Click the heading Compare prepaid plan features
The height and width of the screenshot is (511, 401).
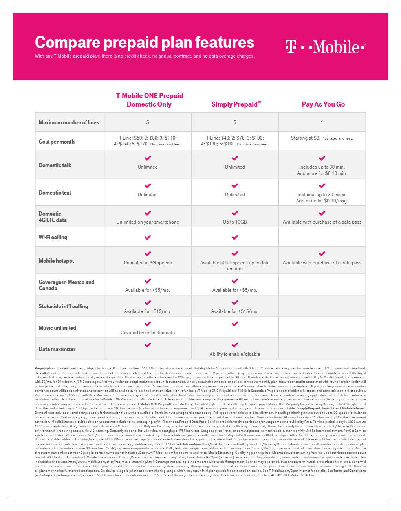[x=145, y=42]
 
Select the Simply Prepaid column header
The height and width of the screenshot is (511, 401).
[x=236, y=104]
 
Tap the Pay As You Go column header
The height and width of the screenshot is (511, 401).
[x=323, y=104]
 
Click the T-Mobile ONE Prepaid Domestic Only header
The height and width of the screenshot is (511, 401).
[x=149, y=100]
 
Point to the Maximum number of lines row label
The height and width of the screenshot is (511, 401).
[x=69, y=122]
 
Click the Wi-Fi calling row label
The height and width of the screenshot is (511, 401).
[x=53, y=237]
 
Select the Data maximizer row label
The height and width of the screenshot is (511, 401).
[x=57, y=349]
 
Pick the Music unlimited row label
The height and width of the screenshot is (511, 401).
[x=57, y=328]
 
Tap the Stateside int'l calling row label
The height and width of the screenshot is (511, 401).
[x=63, y=306]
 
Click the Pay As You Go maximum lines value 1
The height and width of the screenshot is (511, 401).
[x=322, y=122]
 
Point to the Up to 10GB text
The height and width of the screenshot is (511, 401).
[x=235, y=222]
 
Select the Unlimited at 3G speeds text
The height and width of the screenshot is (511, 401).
[x=148, y=263]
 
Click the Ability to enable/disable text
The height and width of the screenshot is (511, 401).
[x=235, y=354]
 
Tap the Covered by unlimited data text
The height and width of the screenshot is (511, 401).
[x=148, y=333]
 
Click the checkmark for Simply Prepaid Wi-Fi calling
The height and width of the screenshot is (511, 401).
[x=235, y=237]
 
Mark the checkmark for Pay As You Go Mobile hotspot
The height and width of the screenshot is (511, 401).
[x=322, y=254]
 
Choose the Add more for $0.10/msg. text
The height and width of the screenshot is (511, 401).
[x=322, y=201]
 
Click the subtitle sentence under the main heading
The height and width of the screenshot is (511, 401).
[x=145, y=56]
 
